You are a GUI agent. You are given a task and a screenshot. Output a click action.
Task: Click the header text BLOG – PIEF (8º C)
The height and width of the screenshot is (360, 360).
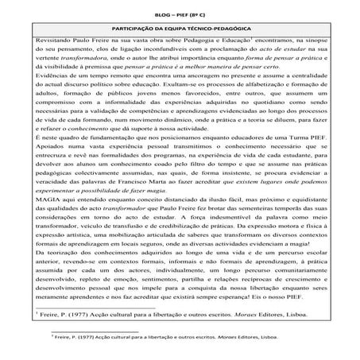pos(179,12)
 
